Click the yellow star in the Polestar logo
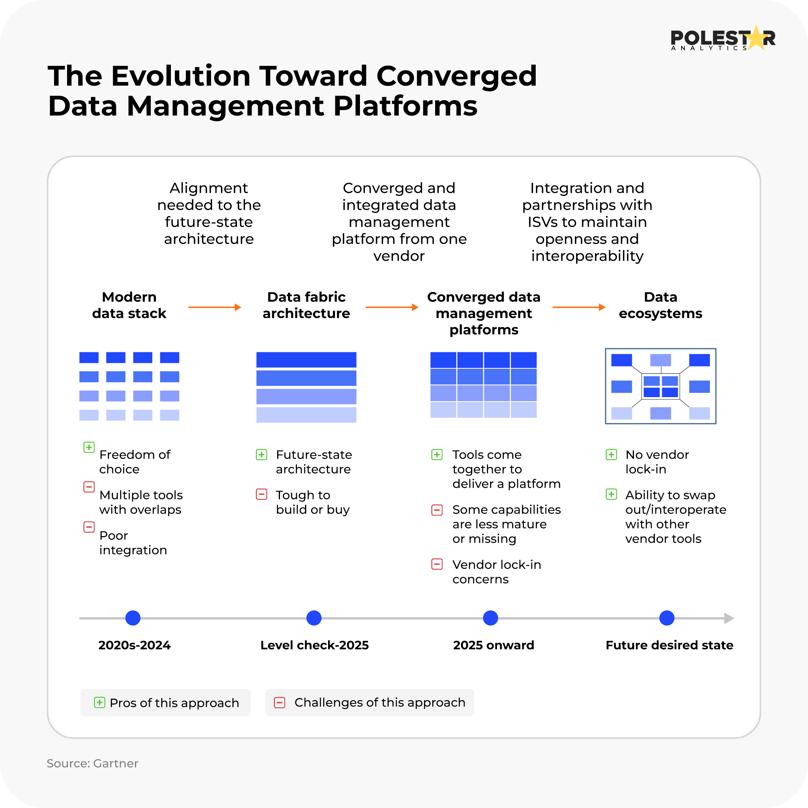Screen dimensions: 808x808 pos(756,38)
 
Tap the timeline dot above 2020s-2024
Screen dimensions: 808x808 pos(133,618)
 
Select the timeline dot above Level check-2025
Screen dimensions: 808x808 pos(314,618)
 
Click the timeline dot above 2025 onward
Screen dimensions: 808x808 pos(490,618)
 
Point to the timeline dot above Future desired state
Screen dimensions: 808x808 pos(667,618)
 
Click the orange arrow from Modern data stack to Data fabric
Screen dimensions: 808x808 pos(215,307)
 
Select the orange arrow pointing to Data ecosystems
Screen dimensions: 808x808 pos(579,307)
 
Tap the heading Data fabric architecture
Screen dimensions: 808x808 pos(306,305)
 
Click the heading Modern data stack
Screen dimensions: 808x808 pos(129,305)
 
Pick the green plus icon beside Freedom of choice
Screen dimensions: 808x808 pos(89,447)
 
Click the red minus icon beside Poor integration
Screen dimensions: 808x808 pos(89,527)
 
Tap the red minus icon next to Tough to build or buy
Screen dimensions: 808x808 pos(261,494)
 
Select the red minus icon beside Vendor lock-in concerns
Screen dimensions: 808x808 pos(437,564)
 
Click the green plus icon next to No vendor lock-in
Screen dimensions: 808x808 pos(611,455)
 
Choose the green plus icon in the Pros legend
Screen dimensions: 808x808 pos(99,702)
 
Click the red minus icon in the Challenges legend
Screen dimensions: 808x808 pos(280,703)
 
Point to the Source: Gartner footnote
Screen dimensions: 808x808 pos(93,763)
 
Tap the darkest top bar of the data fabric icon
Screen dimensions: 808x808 pos(306,360)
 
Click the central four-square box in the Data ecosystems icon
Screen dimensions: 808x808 pos(661,386)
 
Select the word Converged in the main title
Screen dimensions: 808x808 pos(456,76)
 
